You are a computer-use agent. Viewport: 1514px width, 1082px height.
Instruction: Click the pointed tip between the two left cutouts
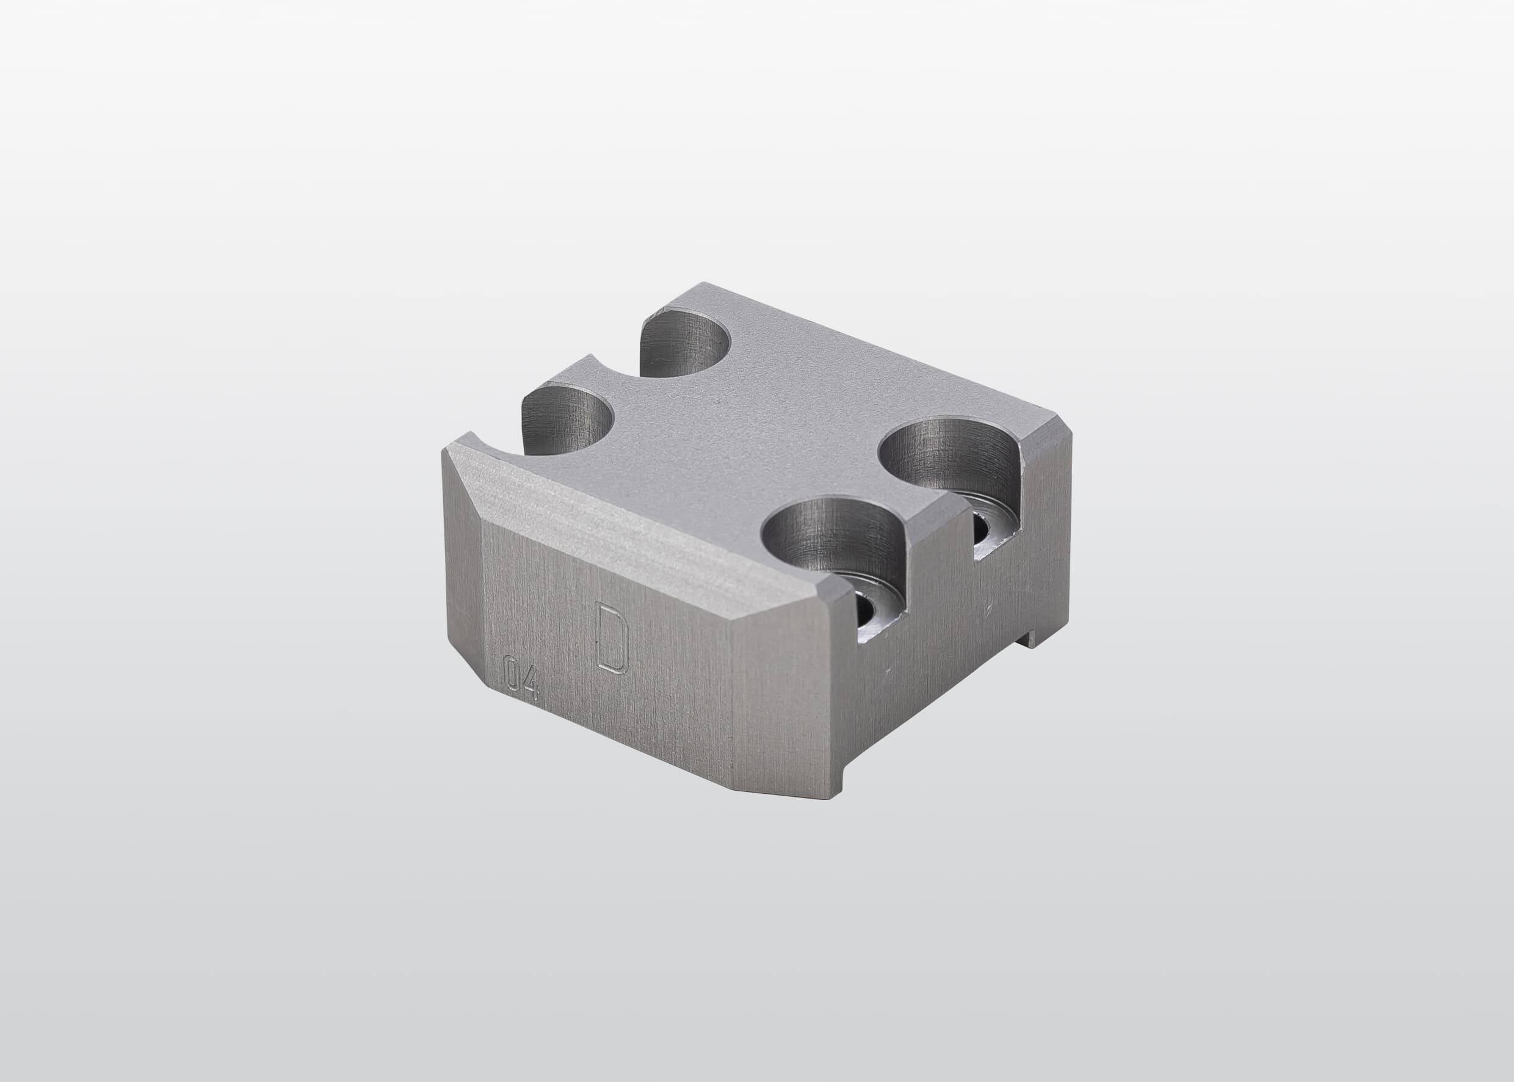[x=590, y=357]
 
